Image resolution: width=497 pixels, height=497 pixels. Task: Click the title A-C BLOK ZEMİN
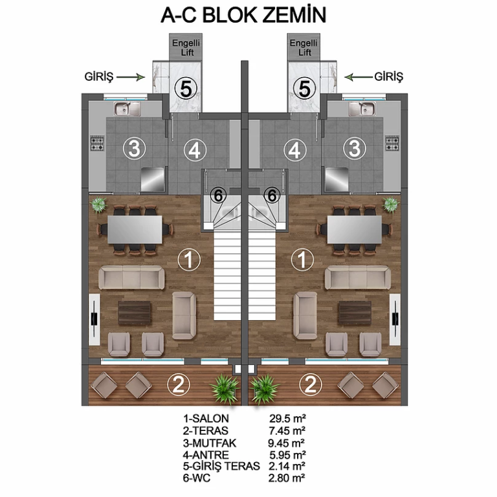pyautogui.click(x=243, y=16)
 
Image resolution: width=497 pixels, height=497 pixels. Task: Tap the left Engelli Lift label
pyautogui.click(x=186, y=47)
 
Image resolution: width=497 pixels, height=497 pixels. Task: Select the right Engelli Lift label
pyautogui.click(x=304, y=47)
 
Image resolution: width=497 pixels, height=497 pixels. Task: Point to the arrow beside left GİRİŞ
pyautogui.click(x=131, y=77)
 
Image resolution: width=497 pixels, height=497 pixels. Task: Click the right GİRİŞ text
pyautogui.click(x=388, y=77)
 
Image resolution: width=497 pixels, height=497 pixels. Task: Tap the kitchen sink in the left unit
pyautogui.click(x=127, y=109)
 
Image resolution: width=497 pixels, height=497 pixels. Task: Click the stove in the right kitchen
pyautogui.click(x=392, y=143)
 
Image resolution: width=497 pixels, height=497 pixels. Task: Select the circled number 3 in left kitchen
pyautogui.click(x=135, y=148)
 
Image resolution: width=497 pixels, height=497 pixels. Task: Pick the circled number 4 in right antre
pyautogui.click(x=295, y=150)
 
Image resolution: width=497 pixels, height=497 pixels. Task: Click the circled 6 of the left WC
pyautogui.click(x=218, y=195)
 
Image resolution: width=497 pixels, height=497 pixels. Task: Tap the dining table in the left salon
pyautogui.click(x=135, y=230)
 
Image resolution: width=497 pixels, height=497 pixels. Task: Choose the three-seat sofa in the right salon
pyautogui.click(x=357, y=278)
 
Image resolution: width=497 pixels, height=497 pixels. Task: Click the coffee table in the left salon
pyautogui.click(x=135, y=313)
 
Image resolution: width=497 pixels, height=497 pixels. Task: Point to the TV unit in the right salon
pyautogui.click(x=395, y=319)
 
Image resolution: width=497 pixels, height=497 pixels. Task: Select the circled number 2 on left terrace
pyautogui.click(x=179, y=385)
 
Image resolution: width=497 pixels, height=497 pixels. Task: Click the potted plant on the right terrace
pyautogui.click(x=264, y=388)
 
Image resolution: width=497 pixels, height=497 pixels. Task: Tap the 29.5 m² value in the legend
pyautogui.click(x=287, y=419)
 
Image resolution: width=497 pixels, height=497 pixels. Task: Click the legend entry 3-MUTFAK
pyautogui.click(x=210, y=443)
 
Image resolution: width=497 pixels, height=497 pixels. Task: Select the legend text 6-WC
pyautogui.click(x=197, y=478)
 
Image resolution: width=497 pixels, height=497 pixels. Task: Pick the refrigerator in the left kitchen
pyautogui.click(x=153, y=179)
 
